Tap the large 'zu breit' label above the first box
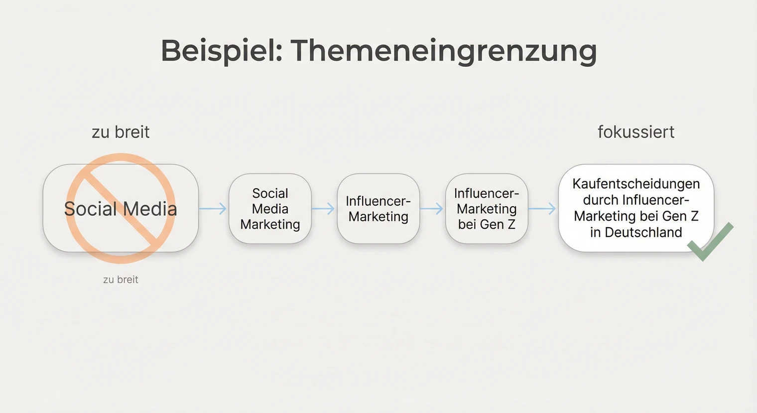pyautogui.click(x=121, y=132)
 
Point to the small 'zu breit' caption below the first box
pyautogui.click(x=121, y=279)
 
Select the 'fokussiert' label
pyautogui.click(x=636, y=132)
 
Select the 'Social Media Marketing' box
pyautogui.click(x=270, y=209)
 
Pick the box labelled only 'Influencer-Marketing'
pyautogui.click(x=378, y=209)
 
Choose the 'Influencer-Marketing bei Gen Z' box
pyautogui.click(x=486, y=209)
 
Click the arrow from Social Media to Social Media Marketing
pyautogui.click(x=213, y=209)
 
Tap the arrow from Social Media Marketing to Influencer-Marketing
pyautogui.click(x=324, y=209)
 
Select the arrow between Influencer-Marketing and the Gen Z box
pyautogui.click(x=432, y=209)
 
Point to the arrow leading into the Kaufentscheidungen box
pyautogui.click(x=542, y=209)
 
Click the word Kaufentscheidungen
pyautogui.click(x=636, y=184)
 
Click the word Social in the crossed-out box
pyautogui.click(x=90, y=209)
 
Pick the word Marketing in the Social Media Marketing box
pyautogui.click(x=270, y=224)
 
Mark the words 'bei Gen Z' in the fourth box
pyautogui.click(x=486, y=224)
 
